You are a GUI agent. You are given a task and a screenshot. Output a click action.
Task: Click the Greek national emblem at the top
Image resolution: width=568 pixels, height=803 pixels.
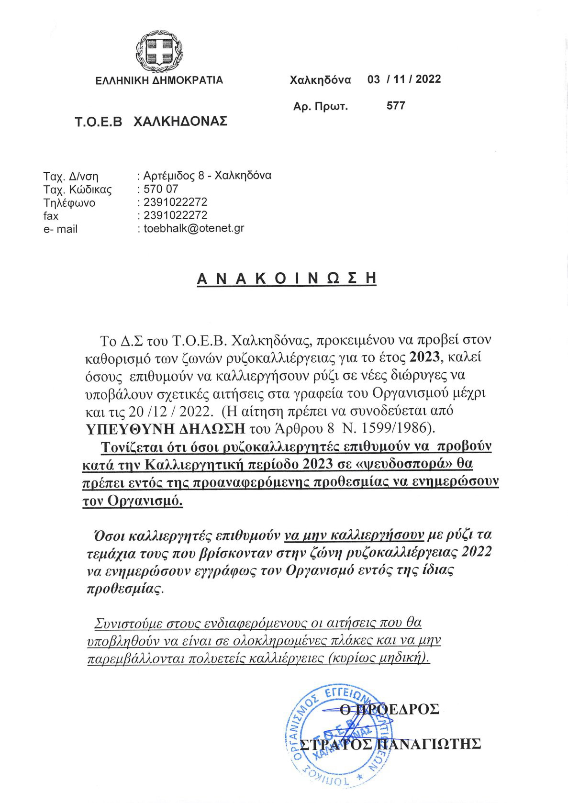160,49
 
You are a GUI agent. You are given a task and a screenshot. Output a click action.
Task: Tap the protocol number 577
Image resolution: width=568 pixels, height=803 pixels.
396,106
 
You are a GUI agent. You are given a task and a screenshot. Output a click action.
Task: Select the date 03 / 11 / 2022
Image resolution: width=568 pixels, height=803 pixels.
404,79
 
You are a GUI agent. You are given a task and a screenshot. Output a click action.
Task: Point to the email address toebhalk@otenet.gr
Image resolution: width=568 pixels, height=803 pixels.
194,228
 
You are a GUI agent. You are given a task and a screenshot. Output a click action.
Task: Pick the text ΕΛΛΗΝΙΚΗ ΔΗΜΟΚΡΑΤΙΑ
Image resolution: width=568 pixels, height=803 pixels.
159,80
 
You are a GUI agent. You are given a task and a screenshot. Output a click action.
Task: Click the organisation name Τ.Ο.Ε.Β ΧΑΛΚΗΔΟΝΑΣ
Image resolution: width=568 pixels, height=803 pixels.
151,121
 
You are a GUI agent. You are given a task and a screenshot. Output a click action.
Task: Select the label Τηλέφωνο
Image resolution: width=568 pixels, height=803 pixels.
69,203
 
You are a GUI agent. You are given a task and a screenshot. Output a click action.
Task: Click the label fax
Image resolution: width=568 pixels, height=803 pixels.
51,216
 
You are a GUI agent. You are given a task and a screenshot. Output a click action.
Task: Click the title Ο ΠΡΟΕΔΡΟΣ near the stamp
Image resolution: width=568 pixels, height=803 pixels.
389,708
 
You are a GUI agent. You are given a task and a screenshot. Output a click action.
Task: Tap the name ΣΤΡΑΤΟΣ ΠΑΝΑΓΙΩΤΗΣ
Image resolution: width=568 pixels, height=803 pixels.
389,744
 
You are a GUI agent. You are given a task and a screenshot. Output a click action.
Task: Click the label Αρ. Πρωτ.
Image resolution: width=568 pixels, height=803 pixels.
320,106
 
